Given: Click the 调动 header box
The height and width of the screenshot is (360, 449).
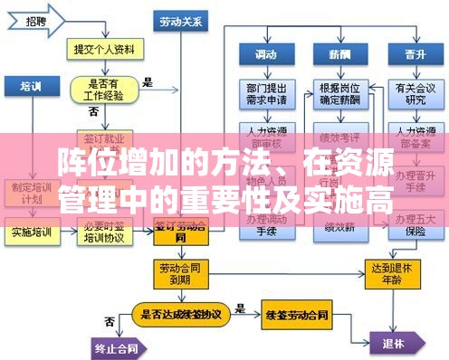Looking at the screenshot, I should point(265,54).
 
